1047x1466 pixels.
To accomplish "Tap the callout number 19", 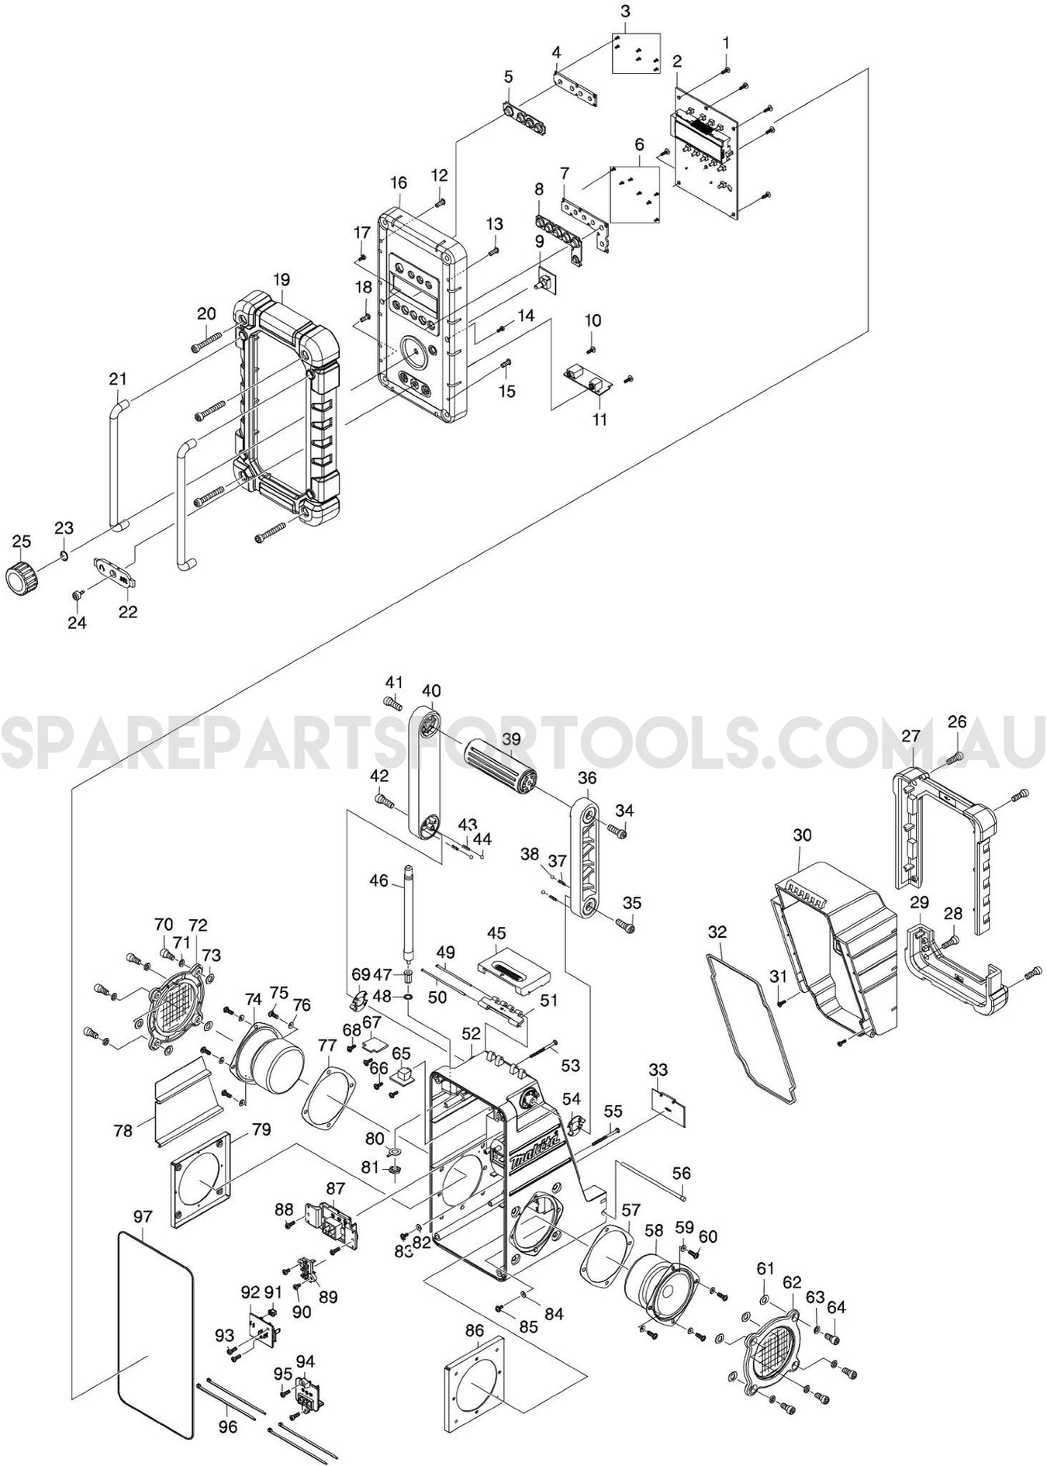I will (x=282, y=278).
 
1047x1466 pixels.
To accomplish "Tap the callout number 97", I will (x=143, y=1216).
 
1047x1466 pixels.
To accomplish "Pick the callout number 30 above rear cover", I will (x=802, y=835).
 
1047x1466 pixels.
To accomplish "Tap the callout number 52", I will (x=471, y=1033).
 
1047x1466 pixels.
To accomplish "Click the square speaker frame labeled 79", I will (x=200, y=1182).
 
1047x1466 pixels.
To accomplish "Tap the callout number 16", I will (x=399, y=183).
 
